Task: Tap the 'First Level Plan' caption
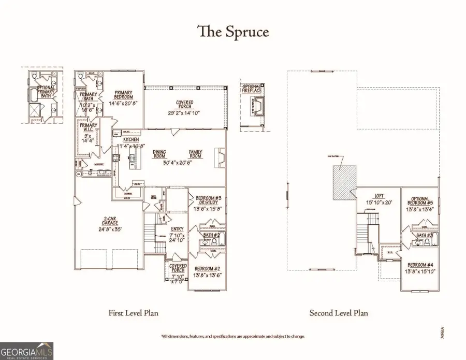[133, 313]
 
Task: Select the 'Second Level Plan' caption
[339, 313]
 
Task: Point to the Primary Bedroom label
[124, 96]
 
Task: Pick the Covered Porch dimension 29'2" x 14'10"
[185, 113]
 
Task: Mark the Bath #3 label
[425, 236]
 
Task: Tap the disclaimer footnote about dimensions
[233, 336]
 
